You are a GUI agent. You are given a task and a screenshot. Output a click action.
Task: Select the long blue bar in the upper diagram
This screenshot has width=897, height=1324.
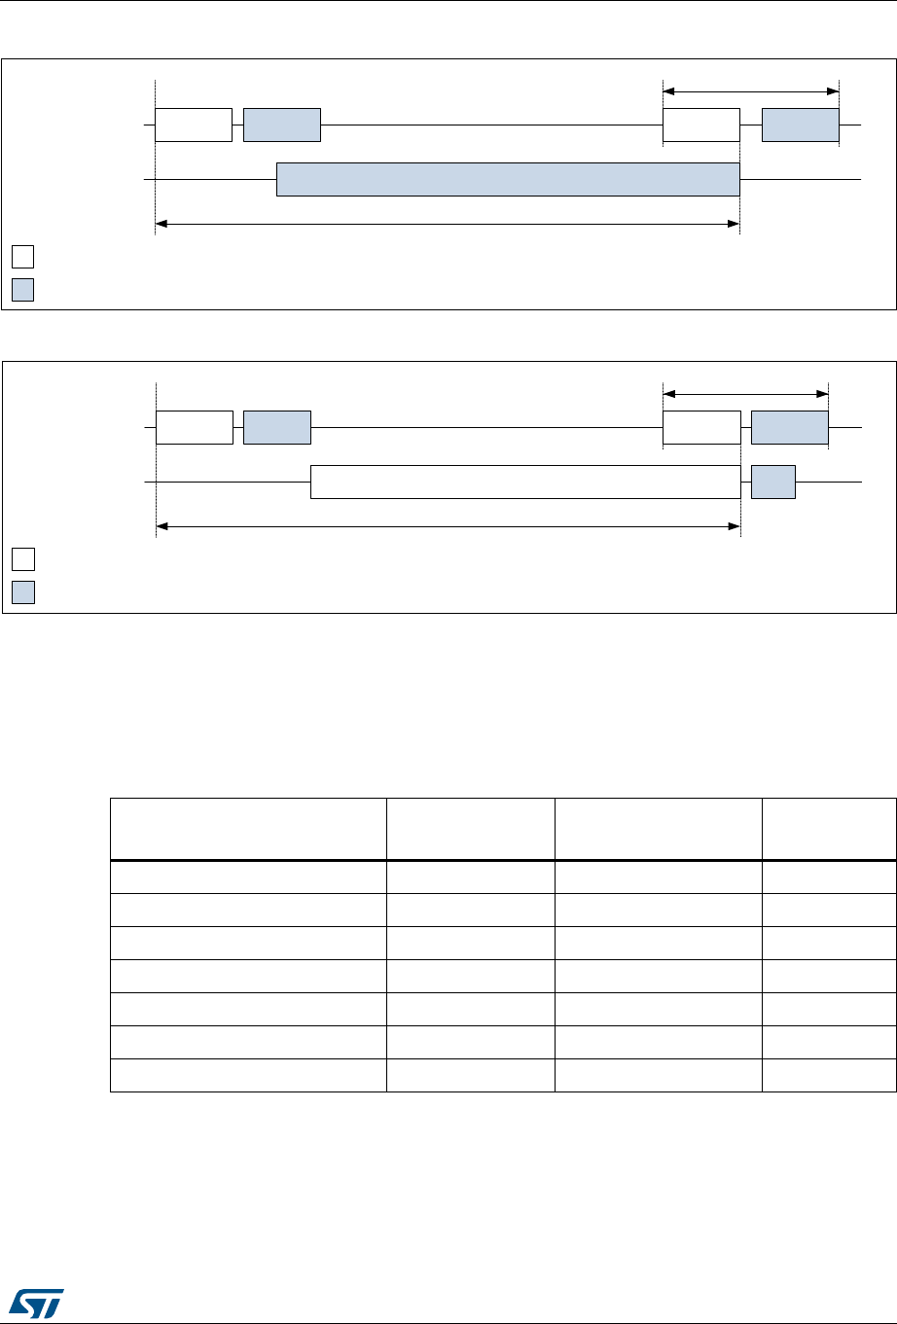[x=508, y=180]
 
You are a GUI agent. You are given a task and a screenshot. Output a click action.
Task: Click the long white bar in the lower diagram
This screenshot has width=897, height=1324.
[x=525, y=483]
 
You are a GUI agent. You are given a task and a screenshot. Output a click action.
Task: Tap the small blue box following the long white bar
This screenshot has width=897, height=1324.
[x=773, y=483]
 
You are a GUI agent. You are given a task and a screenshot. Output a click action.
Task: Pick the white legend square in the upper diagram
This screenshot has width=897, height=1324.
[x=23, y=257]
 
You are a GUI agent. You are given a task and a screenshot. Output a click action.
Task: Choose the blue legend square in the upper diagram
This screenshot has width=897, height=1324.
[x=23, y=290]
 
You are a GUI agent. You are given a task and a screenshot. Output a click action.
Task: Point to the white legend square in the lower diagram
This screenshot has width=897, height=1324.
[x=23, y=558]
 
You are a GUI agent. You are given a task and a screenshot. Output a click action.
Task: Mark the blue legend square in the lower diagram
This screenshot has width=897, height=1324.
[x=23, y=592]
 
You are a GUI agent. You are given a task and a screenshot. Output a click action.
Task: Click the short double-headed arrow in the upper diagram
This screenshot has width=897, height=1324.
[x=750, y=91]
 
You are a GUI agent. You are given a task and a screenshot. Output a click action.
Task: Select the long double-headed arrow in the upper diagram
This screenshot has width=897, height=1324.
[x=448, y=225]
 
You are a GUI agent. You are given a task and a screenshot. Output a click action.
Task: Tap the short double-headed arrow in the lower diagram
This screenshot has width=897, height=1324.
[x=745, y=394]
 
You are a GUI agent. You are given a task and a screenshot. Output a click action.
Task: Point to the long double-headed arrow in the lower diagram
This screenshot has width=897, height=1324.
[x=448, y=526]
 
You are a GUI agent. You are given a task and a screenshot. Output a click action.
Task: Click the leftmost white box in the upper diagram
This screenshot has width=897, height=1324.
[x=193, y=125]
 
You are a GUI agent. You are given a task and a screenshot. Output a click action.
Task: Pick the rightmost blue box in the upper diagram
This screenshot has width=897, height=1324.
[x=800, y=125]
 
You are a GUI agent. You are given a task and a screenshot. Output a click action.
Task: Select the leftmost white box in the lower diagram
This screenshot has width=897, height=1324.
[x=194, y=427]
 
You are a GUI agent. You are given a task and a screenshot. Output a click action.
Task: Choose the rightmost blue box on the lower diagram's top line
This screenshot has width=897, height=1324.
[x=790, y=427]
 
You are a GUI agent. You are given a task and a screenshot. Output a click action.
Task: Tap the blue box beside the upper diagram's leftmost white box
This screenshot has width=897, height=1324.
[x=281, y=125]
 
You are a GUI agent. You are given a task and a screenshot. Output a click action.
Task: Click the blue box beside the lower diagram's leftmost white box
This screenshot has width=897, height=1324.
[x=276, y=427]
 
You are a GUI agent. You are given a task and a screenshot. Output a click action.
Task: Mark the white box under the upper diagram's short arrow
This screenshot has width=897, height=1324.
[x=700, y=125]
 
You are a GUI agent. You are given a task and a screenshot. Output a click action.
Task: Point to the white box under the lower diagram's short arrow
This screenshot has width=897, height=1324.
[x=700, y=427]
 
